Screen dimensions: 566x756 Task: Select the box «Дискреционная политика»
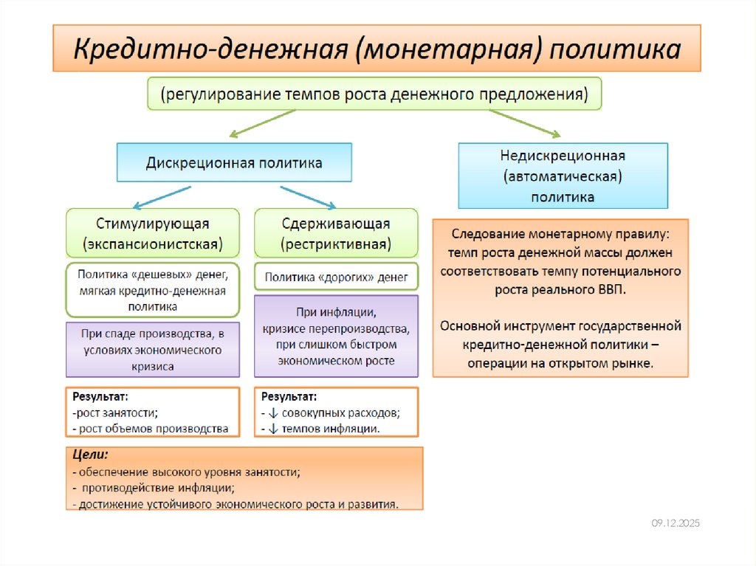click(x=234, y=162)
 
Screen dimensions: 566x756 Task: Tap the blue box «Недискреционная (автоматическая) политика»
click(x=563, y=176)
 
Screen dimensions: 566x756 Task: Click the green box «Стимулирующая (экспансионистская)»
click(x=153, y=232)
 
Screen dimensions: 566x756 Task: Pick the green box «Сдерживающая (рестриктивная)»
click(x=336, y=232)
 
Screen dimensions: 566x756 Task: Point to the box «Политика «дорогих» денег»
click(x=336, y=277)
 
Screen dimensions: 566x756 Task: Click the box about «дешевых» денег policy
click(x=153, y=290)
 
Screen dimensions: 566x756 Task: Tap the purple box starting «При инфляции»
click(x=336, y=336)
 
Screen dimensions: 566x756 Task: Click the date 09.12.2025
click(x=675, y=523)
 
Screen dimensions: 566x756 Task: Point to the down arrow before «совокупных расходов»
click(x=274, y=413)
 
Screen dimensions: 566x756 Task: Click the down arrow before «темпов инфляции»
click(x=274, y=429)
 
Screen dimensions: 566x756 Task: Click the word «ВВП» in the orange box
click(x=612, y=289)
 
